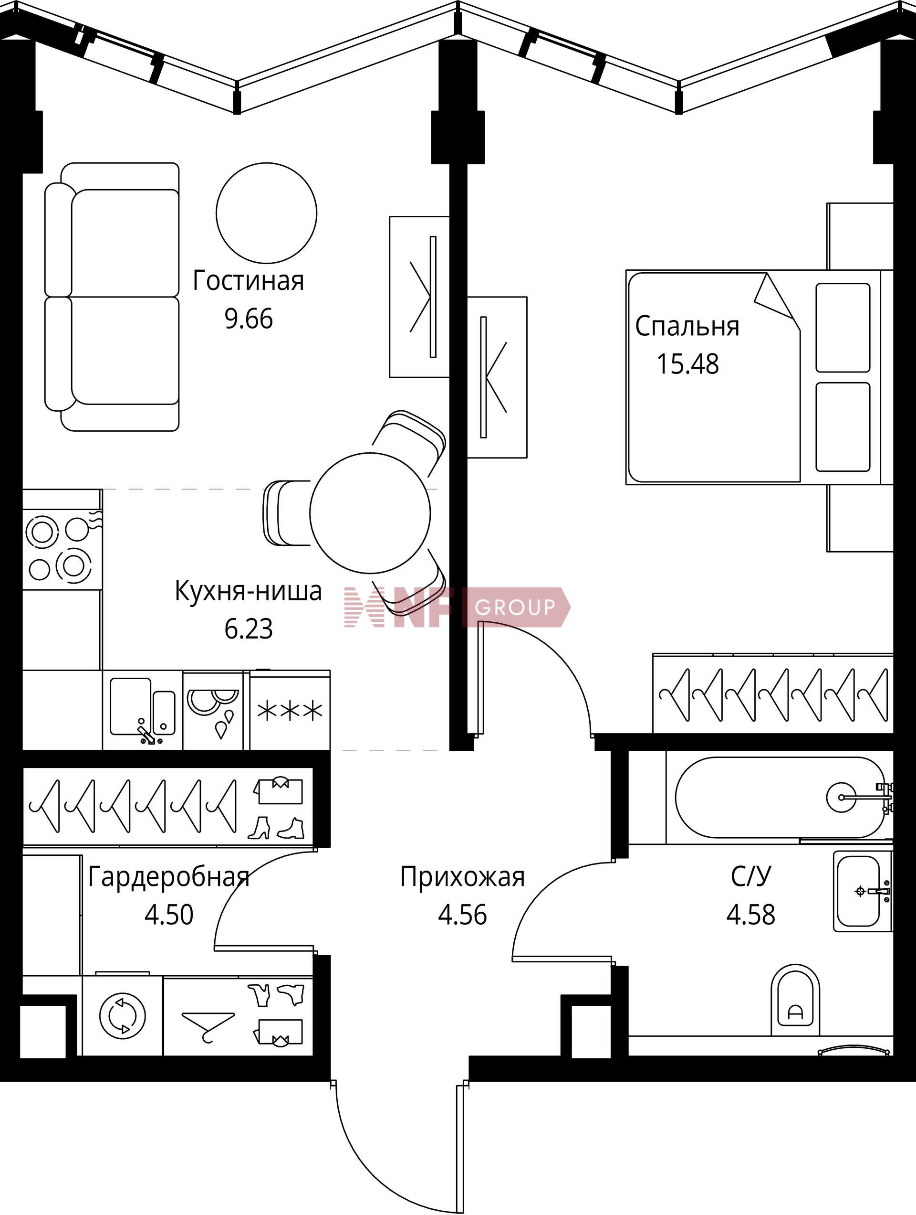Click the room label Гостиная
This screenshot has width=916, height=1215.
click(x=248, y=281)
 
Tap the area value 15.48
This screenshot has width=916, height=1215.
click(x=687, y=363)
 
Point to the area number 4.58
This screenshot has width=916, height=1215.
click(x=751, y=915)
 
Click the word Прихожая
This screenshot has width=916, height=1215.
click(x=462, y=877)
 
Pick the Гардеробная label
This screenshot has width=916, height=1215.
click(x=168, y=877)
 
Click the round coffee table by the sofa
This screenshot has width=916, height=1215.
click(x=266, y=213)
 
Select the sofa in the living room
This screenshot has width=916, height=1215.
click(x=112, y=297)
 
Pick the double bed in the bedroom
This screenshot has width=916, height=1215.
click(x=760, y=377)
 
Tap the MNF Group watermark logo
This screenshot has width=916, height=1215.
click(x=457, y=607)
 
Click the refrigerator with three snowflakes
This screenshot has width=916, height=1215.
click(x=290, y=710)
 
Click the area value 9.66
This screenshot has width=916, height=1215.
click(x=249, y=319)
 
